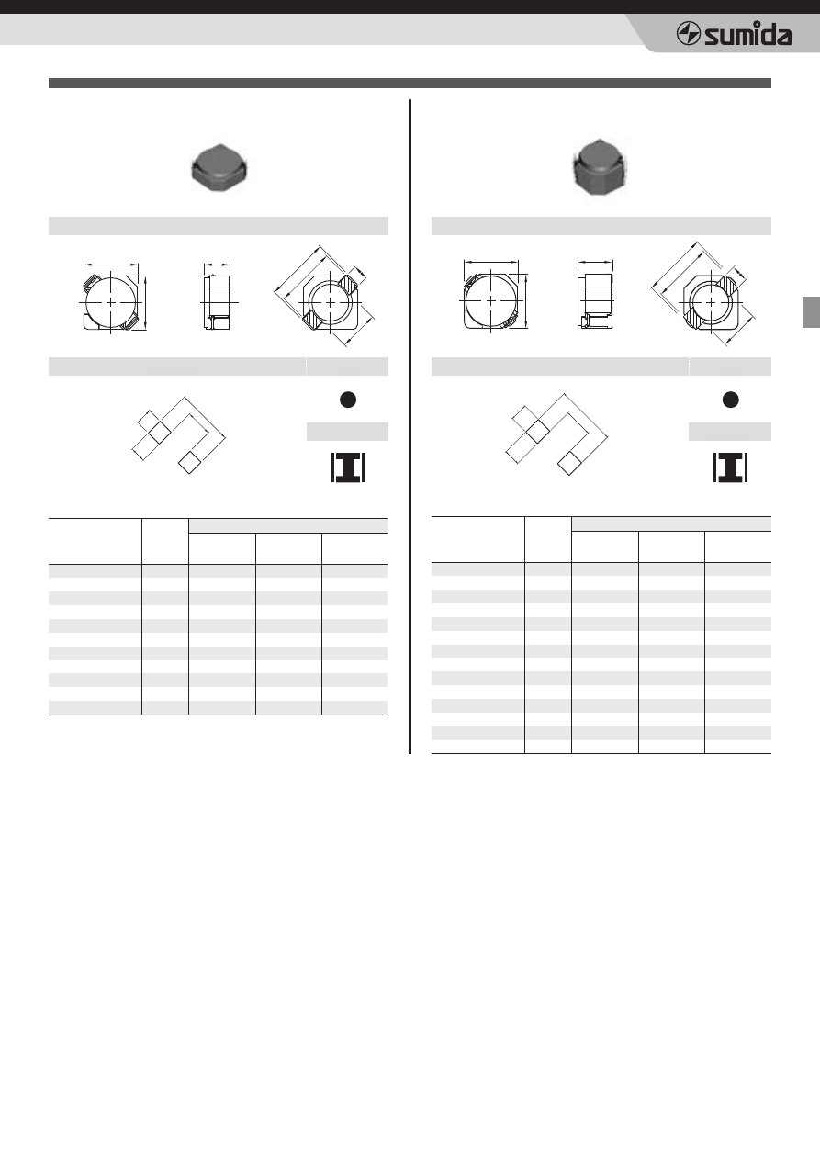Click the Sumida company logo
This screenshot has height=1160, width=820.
point(734,34)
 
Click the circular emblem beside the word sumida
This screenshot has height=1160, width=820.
point(688,35)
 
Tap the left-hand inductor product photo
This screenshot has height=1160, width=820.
point(219,168)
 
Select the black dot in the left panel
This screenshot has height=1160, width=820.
point(348,400)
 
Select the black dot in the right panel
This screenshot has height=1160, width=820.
point(730,400)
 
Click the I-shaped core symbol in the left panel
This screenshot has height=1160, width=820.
point(348,467)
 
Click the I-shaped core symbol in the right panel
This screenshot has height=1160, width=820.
point(730,467)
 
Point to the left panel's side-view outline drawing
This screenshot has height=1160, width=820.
point(218,302)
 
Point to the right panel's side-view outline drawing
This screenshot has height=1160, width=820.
point(595,301)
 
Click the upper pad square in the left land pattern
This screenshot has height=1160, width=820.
point(160,433)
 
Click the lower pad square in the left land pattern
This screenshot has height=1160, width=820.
point(189,463)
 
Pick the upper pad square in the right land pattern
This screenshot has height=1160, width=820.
point(538,432)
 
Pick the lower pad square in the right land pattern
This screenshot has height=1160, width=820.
point(569,463)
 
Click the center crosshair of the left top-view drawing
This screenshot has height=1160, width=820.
point(111,302)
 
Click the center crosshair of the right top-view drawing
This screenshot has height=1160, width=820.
point(490,300)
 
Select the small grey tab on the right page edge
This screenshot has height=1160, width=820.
point(811,312)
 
